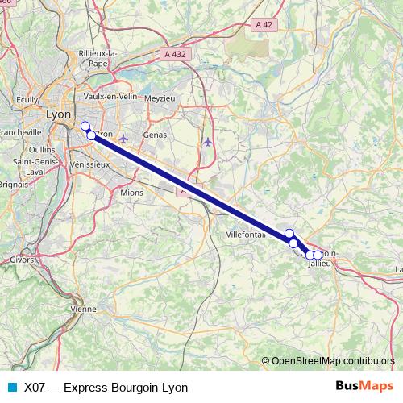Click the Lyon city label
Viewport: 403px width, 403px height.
tap(59, 114)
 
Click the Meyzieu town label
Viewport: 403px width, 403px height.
tap(160, 98)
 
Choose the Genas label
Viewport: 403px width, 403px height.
tap(154, 135)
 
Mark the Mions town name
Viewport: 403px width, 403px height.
tap(131, 193)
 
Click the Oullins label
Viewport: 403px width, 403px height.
tap(40, 149)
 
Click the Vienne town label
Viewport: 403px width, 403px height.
tap(83, 309)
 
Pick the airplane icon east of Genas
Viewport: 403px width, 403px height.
tap(208, 142)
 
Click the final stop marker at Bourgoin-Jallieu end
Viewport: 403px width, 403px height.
tap(318, 256)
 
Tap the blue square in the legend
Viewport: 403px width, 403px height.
tap(12, 387)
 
